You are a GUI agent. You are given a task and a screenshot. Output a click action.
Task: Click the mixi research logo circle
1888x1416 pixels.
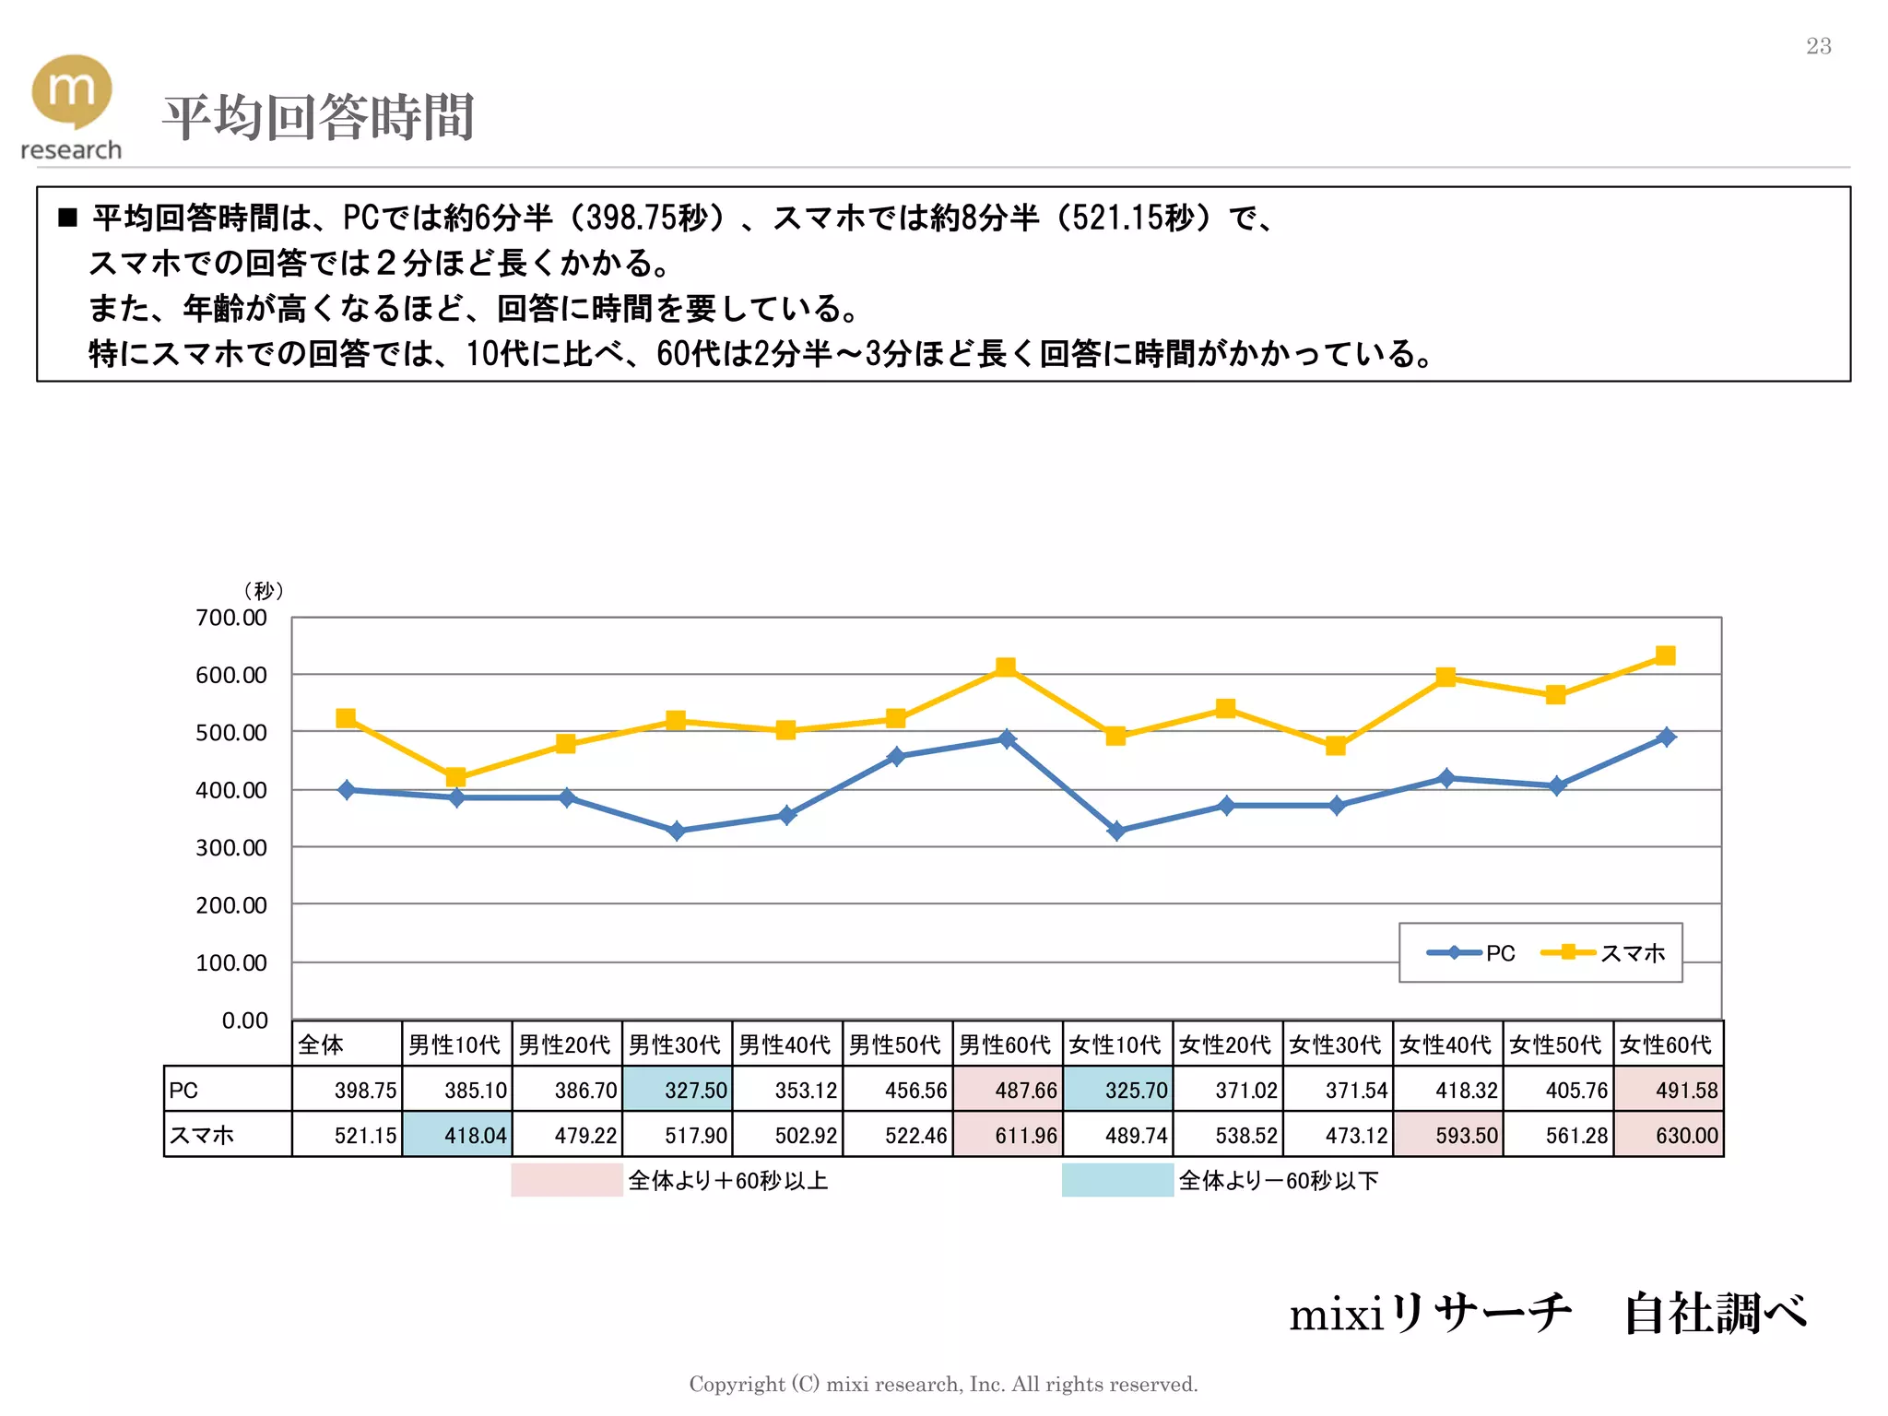(x=72, y=89)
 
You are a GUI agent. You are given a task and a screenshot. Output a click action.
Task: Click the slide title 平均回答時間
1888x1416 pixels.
(x=318, y=117)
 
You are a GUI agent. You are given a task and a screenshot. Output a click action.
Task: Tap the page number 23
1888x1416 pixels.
(x=1818, y=46)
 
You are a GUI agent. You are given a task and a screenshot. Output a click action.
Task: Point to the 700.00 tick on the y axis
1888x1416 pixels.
(x=230, y=618)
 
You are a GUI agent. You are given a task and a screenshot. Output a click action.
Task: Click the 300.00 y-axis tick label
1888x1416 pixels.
(x=230, y=847)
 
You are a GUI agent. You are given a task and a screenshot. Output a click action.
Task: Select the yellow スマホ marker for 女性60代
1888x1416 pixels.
(x=1665, y=655)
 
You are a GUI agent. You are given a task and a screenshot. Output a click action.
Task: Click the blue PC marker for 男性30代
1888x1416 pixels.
(x=676, y=831)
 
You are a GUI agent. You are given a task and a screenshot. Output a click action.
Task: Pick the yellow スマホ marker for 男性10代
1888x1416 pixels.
(x=455, y=777)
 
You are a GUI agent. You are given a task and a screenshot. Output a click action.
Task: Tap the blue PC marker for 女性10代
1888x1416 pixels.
(x=1115, y=831)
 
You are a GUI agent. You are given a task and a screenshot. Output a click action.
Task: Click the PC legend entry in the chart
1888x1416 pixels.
(x=1471, y=952)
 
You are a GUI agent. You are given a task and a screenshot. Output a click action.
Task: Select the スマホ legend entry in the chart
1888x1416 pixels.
(x=1604, y=952)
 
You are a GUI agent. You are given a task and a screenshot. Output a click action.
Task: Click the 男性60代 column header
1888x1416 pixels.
(x=1006, y=1044)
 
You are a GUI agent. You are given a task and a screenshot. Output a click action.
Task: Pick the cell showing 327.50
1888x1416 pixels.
(x=678, y=1090)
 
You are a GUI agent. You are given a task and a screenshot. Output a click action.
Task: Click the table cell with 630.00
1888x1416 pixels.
(x=1669, y=1135)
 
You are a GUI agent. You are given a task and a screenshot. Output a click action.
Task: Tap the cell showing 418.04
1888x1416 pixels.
(x=457, y=1135)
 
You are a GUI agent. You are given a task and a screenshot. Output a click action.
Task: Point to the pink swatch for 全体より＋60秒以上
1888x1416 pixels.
(x=566, y=1180)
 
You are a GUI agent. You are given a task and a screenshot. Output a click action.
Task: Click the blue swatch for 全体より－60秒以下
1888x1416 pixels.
(x=1116, y=1180)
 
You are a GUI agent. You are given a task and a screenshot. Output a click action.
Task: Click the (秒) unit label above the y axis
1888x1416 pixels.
(x=264, y=590)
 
